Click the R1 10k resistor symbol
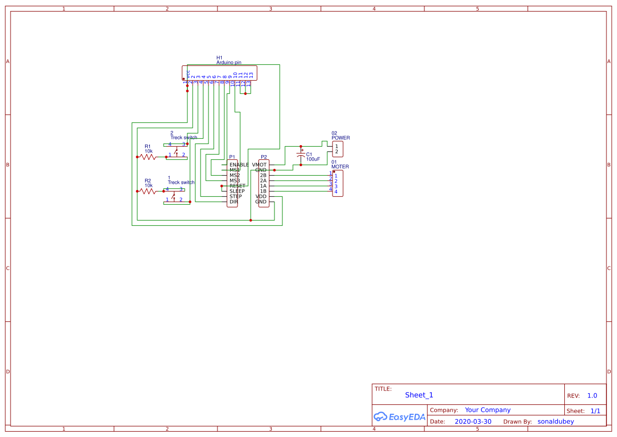[x=148, y=157]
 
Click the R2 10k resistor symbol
[x=148, y=191]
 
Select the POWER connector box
[x=337, y=149]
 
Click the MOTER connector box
[x=338, y=183]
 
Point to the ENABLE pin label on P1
[x=239, y=165]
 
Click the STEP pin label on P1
[x=235, y=196]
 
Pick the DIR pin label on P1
[x=233, y=202]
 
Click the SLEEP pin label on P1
[x=237, y=191]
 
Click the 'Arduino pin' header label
[x=229, y=62]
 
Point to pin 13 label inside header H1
[x=251, y=75]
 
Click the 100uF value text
[x=313, y=159]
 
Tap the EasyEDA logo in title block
[x=400, y=416]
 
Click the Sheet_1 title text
[x=419, y=395]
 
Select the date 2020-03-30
[x=473, y=422]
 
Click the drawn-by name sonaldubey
[x=556, y=422]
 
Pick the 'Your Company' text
[x=488, y=410]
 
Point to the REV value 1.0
[x=592, y=395]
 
